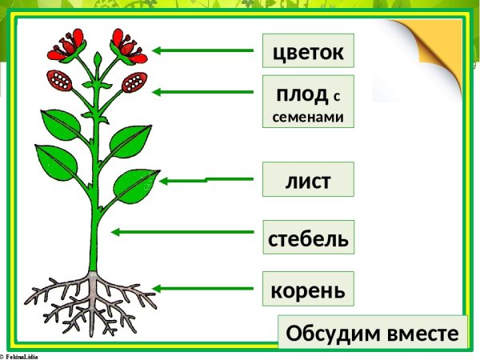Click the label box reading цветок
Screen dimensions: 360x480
click(308, 51)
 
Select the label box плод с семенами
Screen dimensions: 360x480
click(308, 102)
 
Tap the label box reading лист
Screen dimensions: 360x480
click(308, 180)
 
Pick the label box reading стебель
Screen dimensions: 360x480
click(308, 237)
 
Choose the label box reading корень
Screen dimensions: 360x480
click(308, 288)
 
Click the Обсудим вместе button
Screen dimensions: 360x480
click(373, 332)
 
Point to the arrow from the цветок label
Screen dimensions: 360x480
click(203, 50)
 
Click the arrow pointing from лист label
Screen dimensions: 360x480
click(184, 181)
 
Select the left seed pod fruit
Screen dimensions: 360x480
click(61, 79)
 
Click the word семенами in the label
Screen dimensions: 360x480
click(308, 115)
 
